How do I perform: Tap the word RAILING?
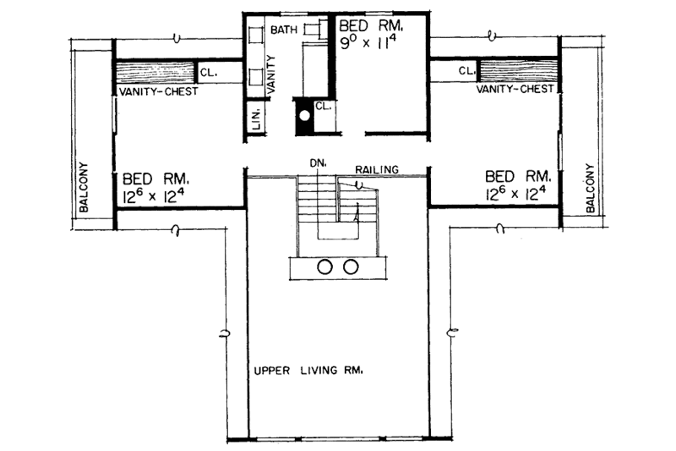click(377, 169)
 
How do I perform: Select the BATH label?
click(281, 30)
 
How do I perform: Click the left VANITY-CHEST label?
click(157, 91)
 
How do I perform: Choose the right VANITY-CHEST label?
click(515, 89)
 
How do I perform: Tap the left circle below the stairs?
click(325, 267)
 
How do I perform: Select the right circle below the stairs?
click(350, 267)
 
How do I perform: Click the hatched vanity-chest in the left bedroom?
click(155, 72)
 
